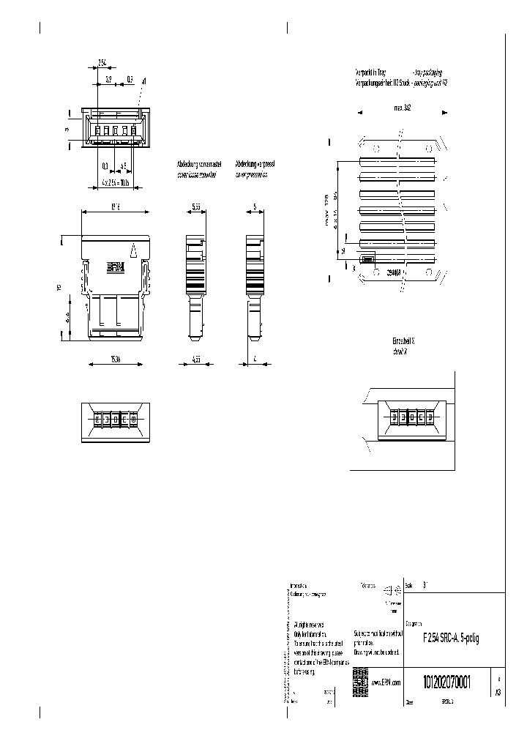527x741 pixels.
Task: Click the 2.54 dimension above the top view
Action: [x=102, y=63]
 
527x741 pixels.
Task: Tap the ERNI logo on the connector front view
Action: [x=116, y=268]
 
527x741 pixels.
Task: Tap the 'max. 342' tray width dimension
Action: [x=402, y=107]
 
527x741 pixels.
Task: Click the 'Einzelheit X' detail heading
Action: [x=403, y=341]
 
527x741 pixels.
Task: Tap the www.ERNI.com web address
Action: [x=386, y=682]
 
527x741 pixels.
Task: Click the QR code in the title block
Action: [x=360, y=678]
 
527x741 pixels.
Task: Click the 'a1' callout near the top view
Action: [x=144, y=81]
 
